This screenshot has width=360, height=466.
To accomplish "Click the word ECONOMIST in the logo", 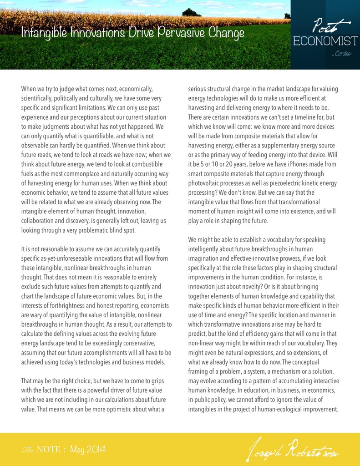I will pos(325,41).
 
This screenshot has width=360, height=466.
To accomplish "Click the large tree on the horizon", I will pos(192,12).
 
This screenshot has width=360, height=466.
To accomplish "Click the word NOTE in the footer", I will pos(48,450).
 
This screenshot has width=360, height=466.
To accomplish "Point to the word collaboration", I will pos(41,221).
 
